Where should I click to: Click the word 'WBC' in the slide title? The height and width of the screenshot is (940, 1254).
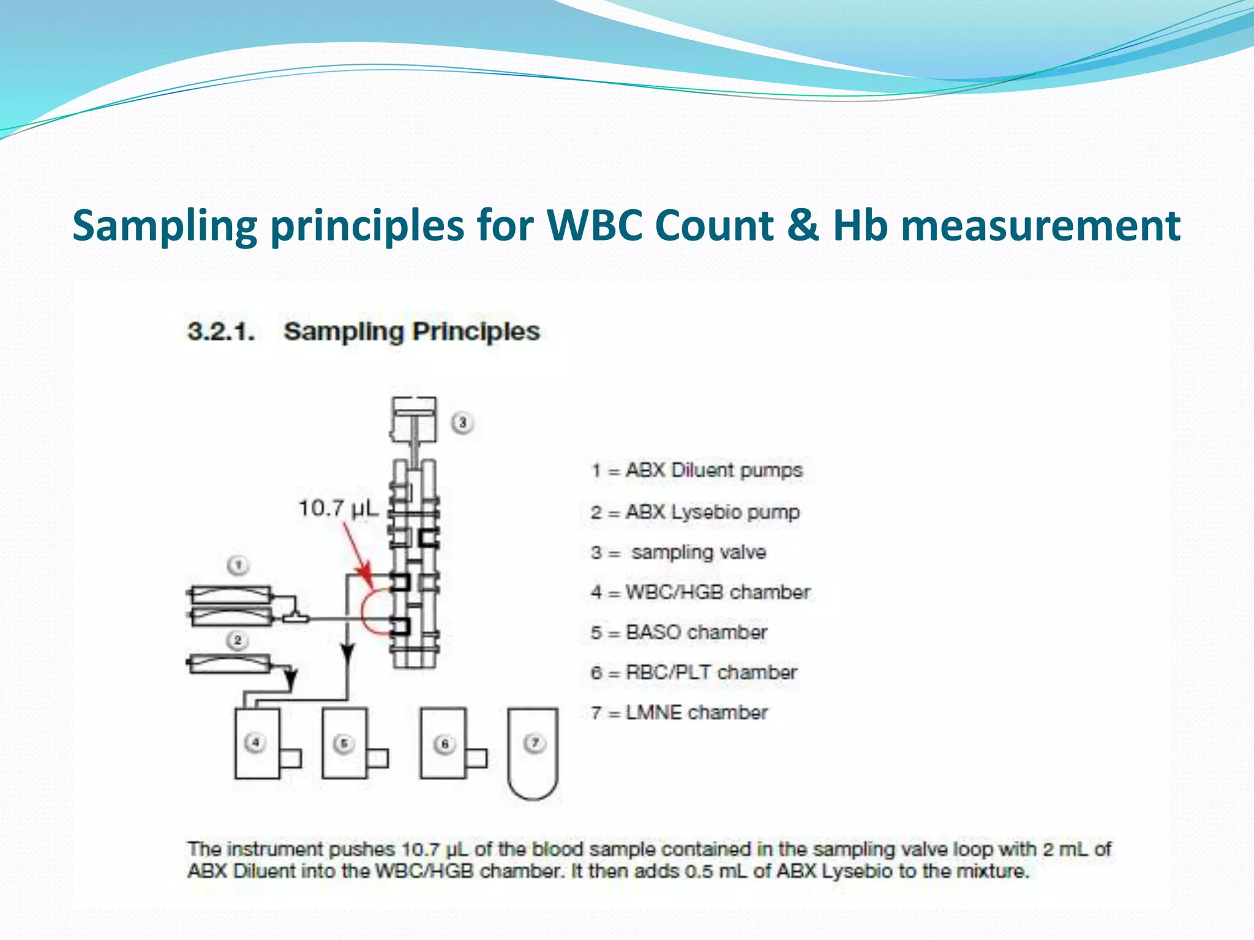(595, 225)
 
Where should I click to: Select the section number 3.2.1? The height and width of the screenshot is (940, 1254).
(221, 332)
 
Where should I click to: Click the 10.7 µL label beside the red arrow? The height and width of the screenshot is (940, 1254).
(339, 508)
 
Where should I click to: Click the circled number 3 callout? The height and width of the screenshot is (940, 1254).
(463, 422)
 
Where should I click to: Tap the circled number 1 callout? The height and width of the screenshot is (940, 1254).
(238, 565)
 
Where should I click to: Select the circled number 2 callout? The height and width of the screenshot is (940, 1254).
(238, 641)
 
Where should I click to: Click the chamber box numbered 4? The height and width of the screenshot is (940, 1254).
(257, 743)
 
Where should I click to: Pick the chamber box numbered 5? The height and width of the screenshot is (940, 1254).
(345, 743)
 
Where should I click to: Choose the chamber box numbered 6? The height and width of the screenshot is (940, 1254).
(443, 743)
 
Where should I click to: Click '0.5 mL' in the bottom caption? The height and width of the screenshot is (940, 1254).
(718, 871)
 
